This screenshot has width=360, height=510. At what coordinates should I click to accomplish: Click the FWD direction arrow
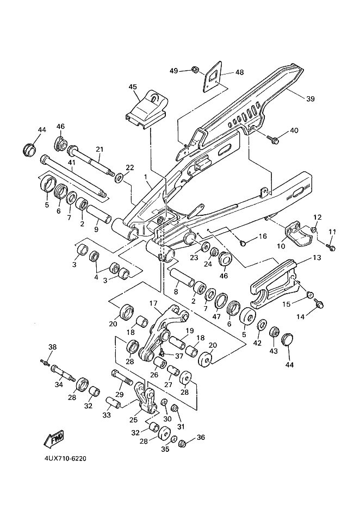coord(54,438)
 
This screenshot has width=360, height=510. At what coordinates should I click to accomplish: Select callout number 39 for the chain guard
coord(326,98)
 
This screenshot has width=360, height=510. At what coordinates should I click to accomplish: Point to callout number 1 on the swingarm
coord(146,177)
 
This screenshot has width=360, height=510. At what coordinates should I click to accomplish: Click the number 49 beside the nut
coord(173,71)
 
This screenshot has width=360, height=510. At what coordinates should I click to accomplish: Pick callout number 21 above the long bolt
coord(99,150)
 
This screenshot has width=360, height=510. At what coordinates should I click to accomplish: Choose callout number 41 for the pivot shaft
coord(72,162)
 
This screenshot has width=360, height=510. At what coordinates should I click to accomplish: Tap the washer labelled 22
coord(119,178)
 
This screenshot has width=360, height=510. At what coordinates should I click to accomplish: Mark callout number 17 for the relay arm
coord(153,303)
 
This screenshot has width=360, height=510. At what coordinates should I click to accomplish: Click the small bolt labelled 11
coord(332,248)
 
